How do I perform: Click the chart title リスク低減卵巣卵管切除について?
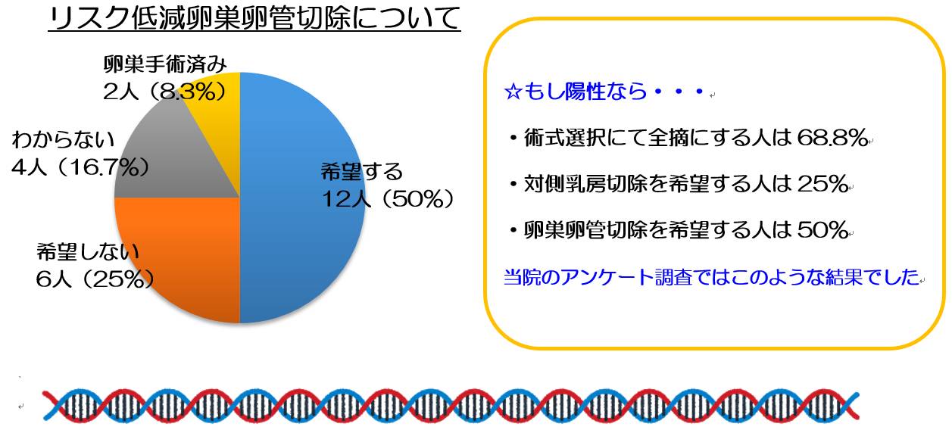(x=254, y=18)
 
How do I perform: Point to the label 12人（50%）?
(x=388, y=199)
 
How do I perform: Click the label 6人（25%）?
(x=95, y=279)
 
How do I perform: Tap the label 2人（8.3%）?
(x=165, y=92)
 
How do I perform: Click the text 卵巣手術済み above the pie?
(x=165, y=64)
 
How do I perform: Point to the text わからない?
(x=64, y=139)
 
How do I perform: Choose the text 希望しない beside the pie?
(x=88, y=251)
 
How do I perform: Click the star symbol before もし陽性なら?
(x=513, y=92)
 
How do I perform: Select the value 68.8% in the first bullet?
(x=832, y=138)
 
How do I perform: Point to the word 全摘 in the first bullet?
(x=668, y=138)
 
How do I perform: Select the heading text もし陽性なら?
(x=585, y=92)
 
